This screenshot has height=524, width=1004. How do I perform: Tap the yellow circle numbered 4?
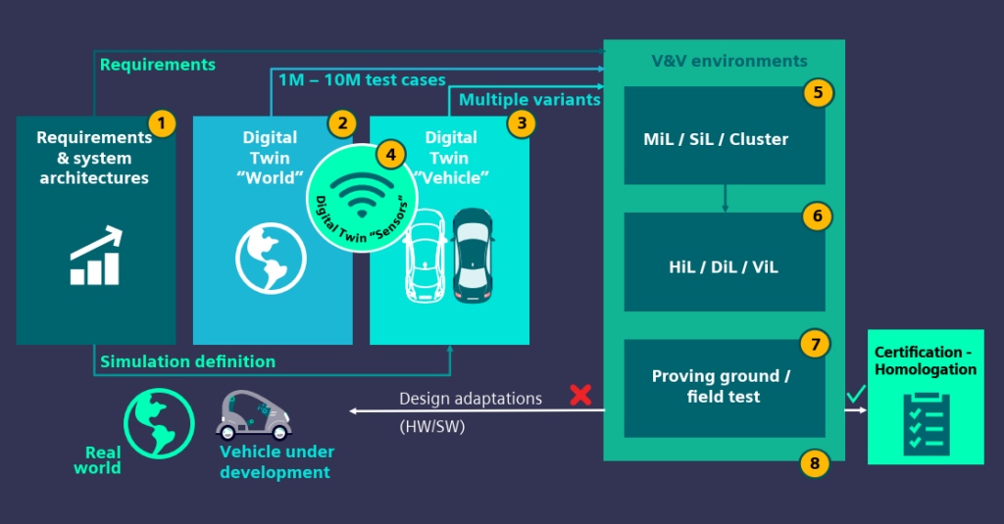pos(390,155)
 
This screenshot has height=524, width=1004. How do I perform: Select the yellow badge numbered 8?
pos(814,461)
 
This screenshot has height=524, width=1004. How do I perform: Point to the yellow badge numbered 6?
pos(816,215)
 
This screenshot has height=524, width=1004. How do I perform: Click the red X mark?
pos(580,395)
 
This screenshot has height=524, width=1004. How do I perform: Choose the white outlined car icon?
pos(425,260)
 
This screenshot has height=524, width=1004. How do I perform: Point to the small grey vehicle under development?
pos(254,415)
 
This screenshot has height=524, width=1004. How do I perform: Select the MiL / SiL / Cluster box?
pos(724,138)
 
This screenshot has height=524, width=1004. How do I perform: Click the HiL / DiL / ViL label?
pos(724,266)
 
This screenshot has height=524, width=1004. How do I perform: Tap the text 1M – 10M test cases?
pos(362,79)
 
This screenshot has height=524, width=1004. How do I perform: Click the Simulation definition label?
pos(187,361)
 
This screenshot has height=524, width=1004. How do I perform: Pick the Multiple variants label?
pos(529,99)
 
